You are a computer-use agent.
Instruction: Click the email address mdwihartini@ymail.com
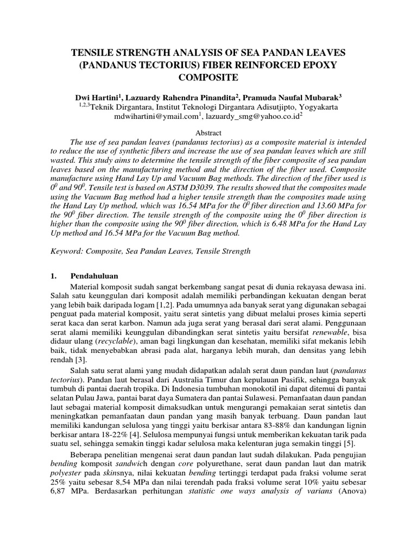point(155,116)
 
